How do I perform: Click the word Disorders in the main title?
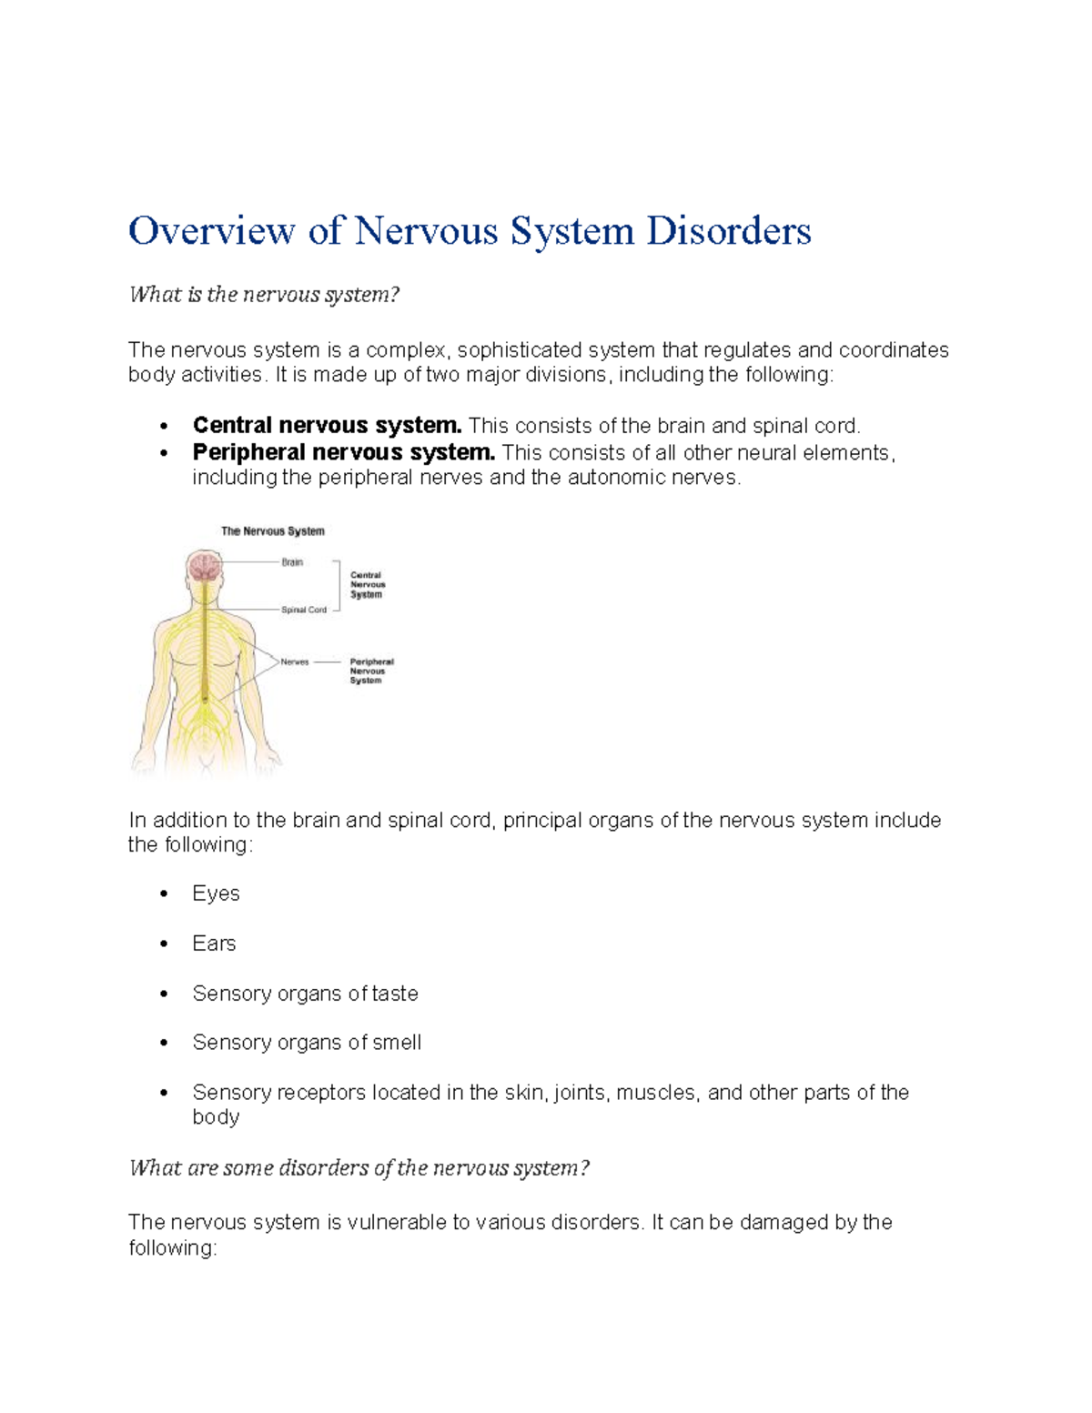(728, 231)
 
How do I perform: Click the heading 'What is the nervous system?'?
(264, 295)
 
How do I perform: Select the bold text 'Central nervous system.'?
(327, 426)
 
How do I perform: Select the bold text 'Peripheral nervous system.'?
(343, 452)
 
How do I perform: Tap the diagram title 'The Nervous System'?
(273, 531)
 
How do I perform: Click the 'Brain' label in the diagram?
(292, 562)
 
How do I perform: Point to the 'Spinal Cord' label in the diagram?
(304, 610)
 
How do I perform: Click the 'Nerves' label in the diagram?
(295, 662)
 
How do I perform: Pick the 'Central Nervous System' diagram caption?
(368, 584)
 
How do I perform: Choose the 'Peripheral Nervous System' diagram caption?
(371, 671)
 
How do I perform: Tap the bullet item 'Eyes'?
(216, 893)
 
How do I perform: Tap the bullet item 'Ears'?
(214, 944)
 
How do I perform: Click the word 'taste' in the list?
(395, 994)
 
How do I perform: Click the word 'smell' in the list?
(396, 1043)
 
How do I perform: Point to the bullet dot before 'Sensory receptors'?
(164, 1093)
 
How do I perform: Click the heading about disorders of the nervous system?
(359, 1168)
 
